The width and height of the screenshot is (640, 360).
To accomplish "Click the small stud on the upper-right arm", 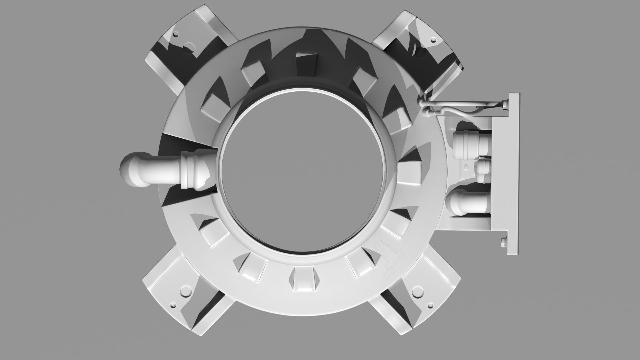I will (x=434, y=39).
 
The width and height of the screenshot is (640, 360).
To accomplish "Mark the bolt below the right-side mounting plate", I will (x=503, y=242).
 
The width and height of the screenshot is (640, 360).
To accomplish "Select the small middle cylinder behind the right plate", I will (x=482, y=171).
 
